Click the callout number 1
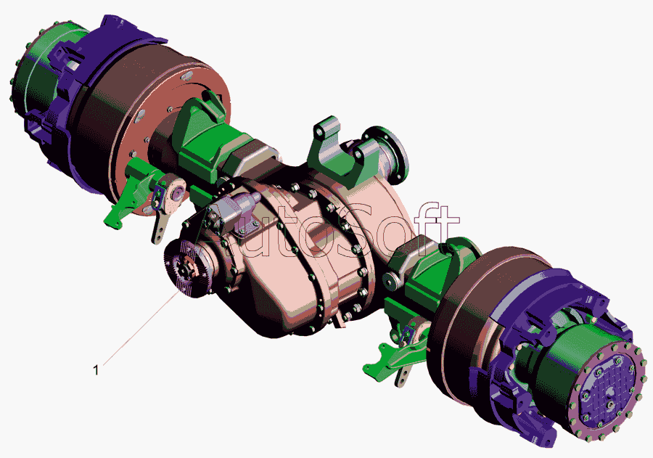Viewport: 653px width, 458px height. (96, 369)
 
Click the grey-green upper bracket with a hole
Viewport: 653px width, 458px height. (329, 148)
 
